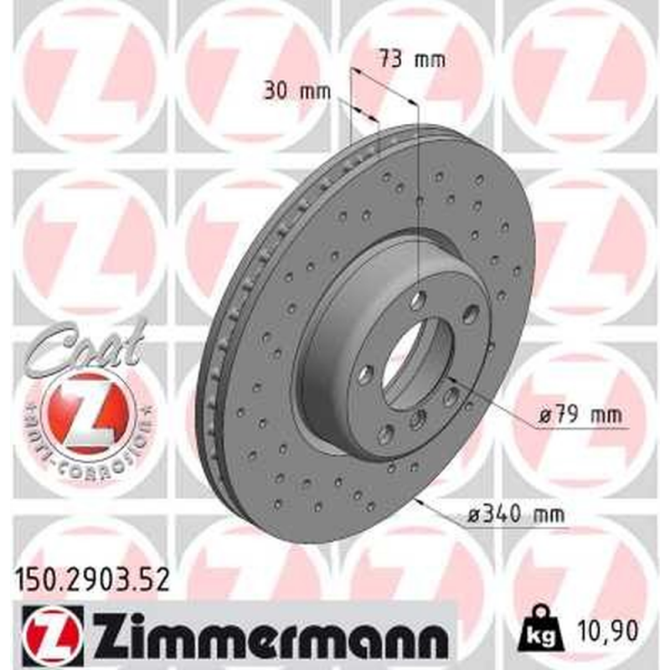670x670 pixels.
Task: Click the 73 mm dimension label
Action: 410,60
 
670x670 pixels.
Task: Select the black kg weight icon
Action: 535,625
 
